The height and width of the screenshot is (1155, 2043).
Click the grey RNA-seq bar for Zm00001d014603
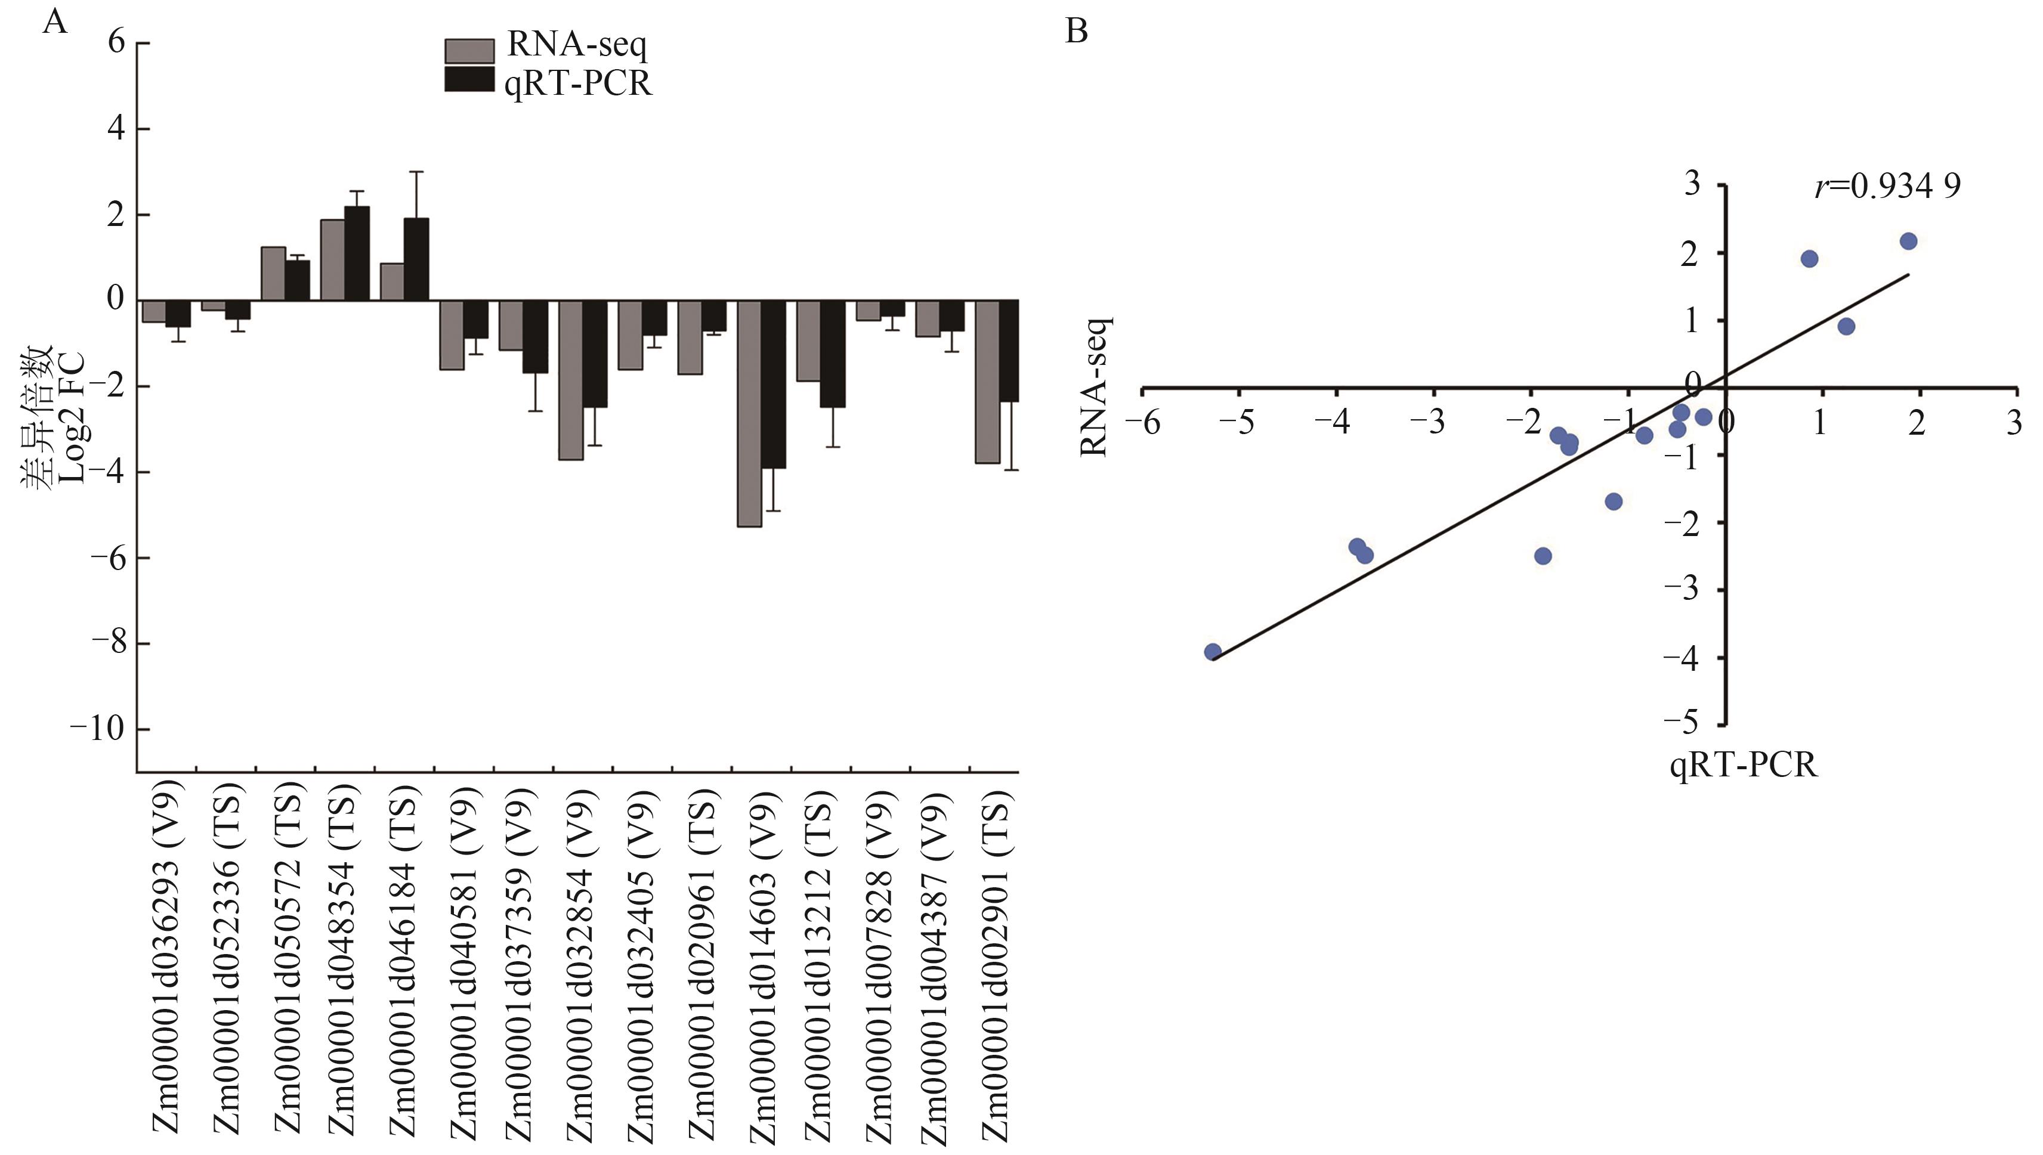click(749, 413)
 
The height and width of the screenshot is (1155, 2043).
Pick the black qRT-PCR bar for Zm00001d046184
click(416, 259)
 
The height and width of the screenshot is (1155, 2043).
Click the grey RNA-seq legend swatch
click(469, 51)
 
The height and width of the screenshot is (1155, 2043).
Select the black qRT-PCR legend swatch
click(469, 79)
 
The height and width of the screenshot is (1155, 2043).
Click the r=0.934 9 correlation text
click(1887, 187)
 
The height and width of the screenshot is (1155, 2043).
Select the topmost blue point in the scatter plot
click(1908, 241)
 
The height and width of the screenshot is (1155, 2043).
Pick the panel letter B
click(1076, 32)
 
